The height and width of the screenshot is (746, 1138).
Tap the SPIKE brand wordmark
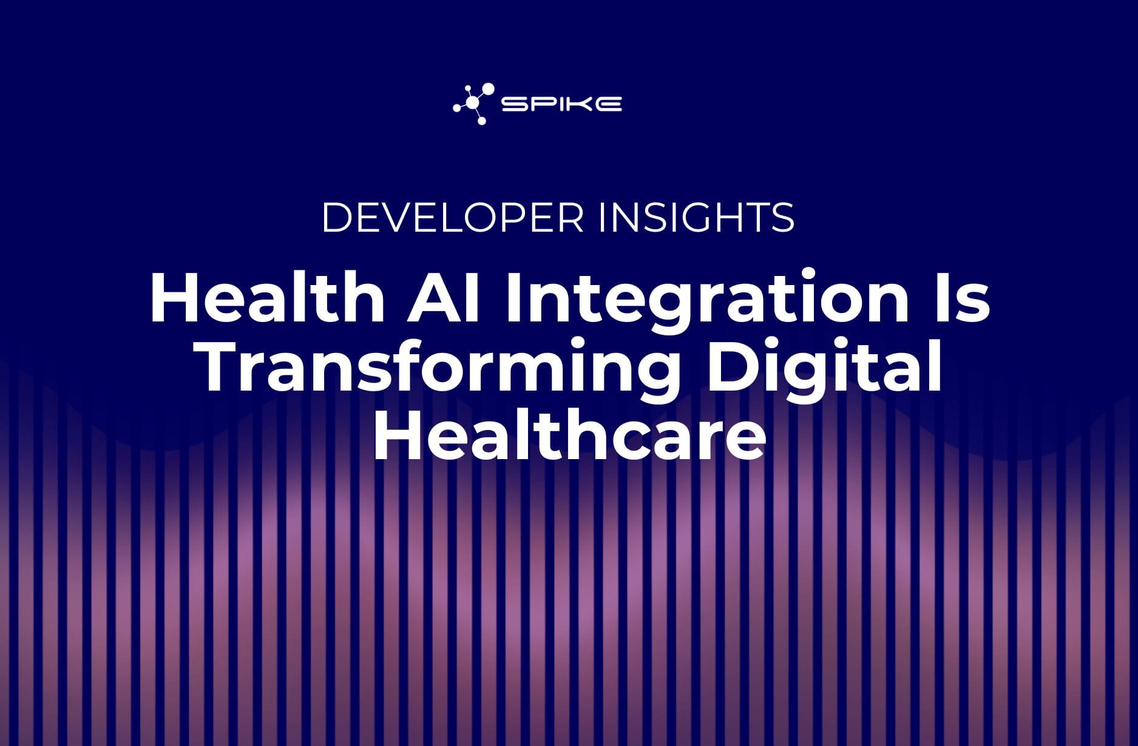pos(561,104)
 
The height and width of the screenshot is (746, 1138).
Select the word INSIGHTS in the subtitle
pos(696,217)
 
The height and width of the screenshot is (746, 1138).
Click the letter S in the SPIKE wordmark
pos(513,104)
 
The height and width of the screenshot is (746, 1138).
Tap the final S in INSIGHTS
pos(782,217)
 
